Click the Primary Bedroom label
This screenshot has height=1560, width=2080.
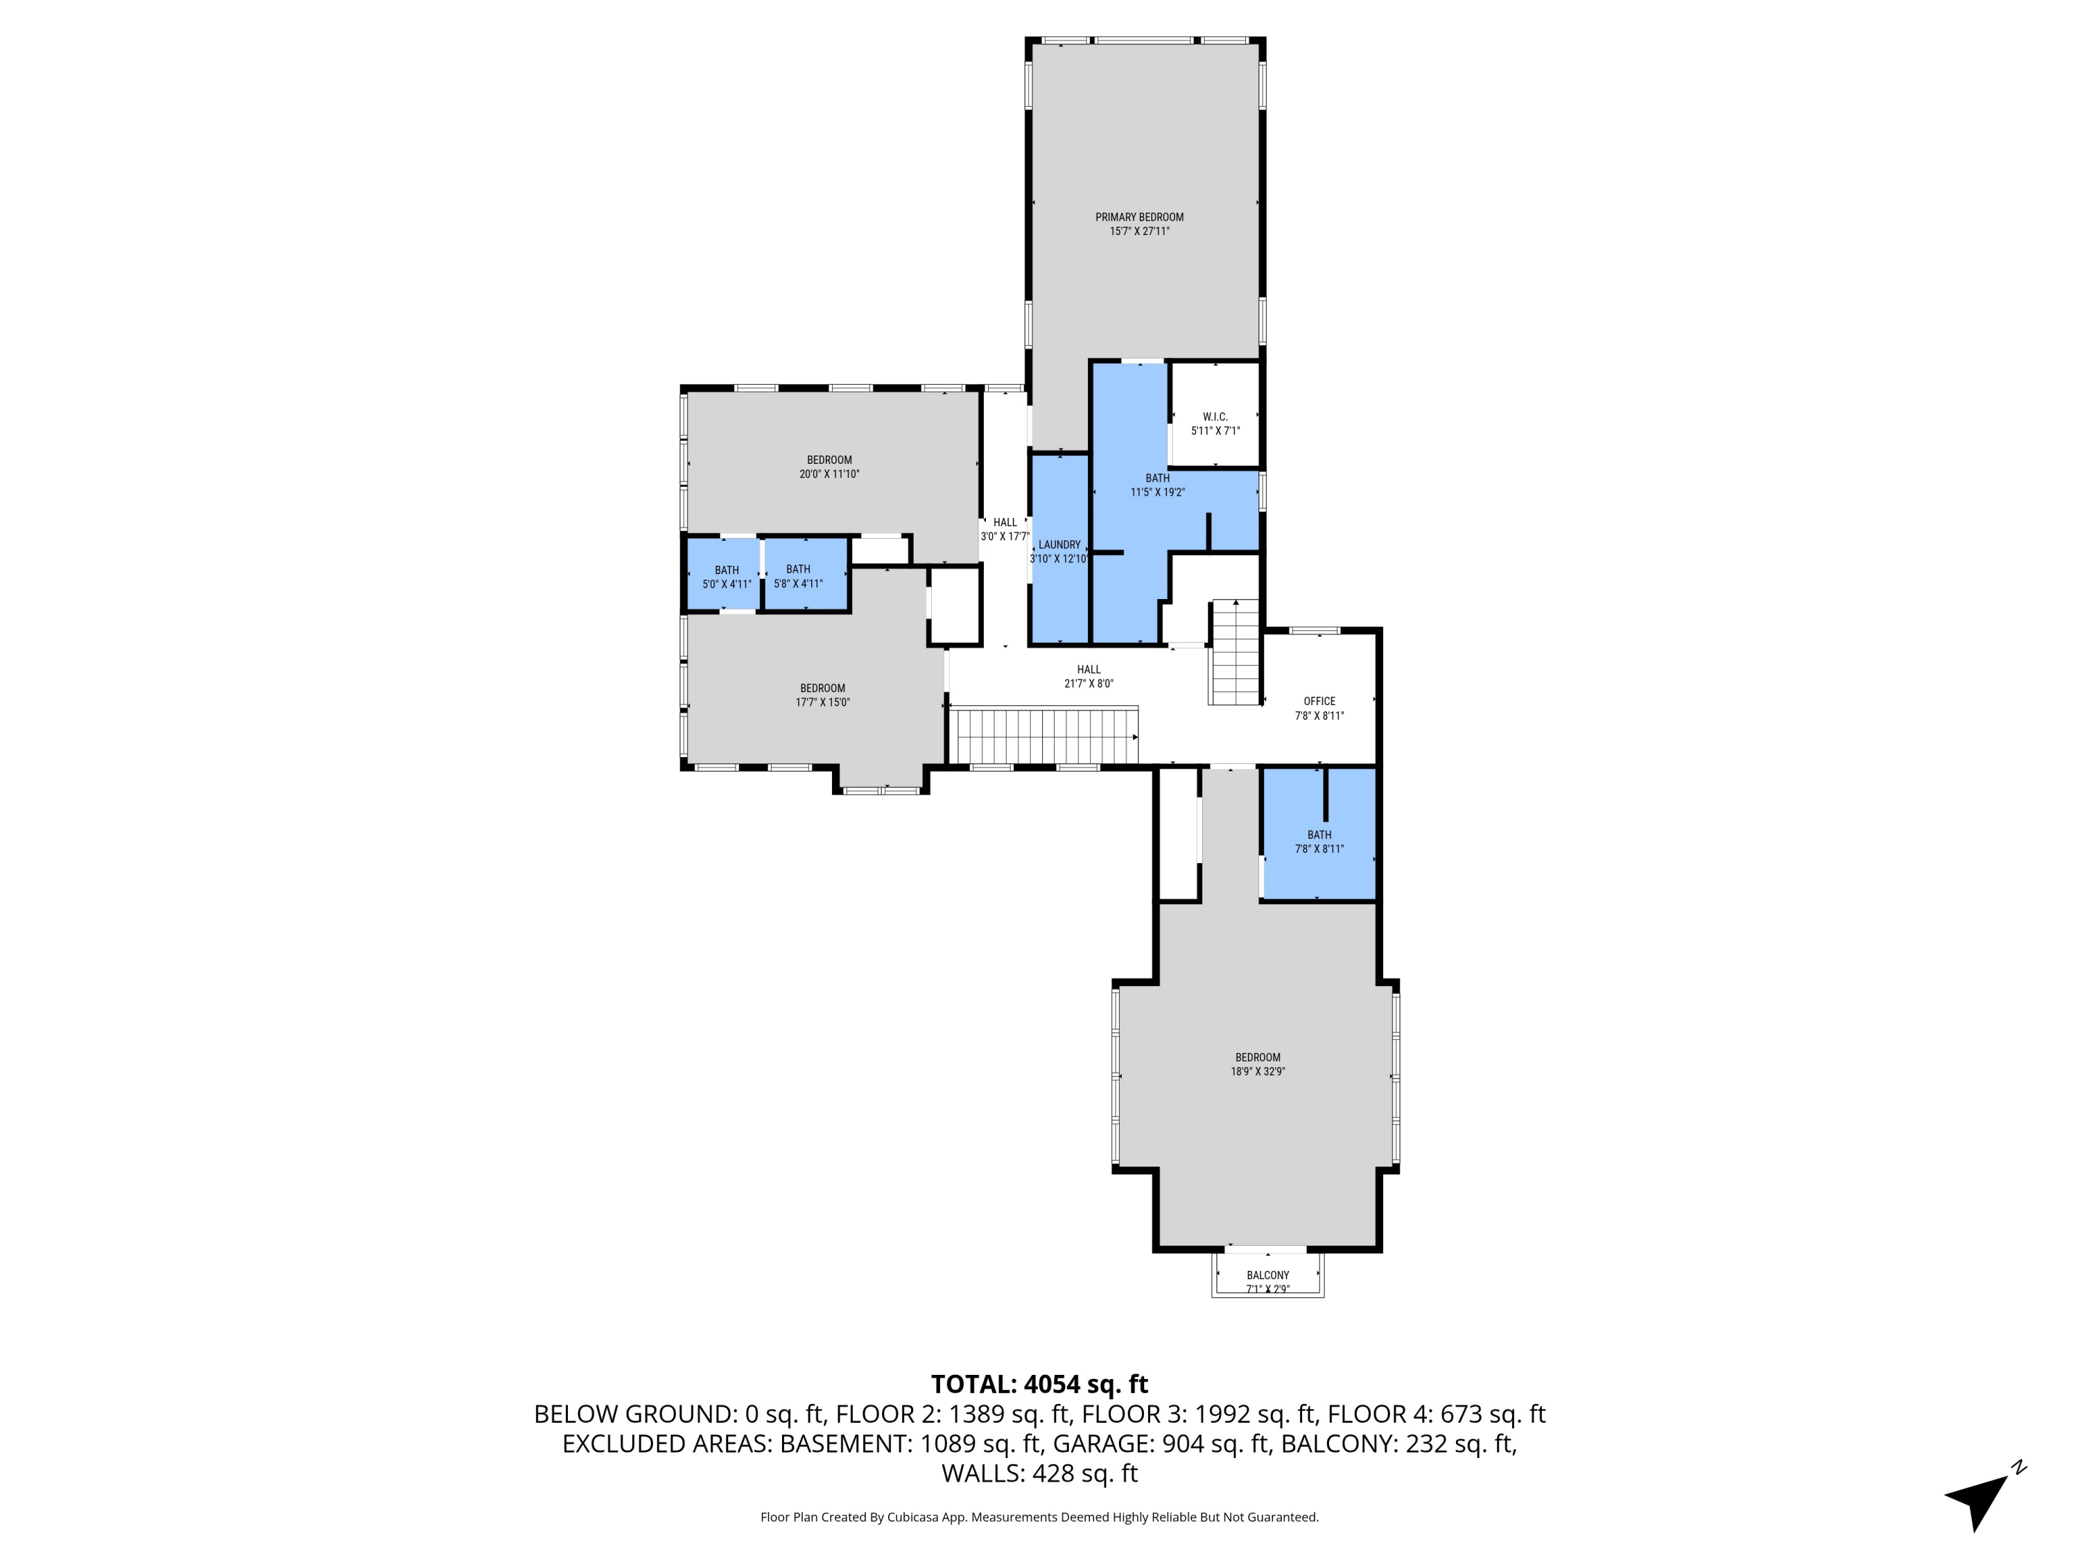pyautogui.click(x=1138, y=217)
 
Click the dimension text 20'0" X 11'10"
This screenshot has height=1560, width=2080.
pyautogui.click(x=829, y=475)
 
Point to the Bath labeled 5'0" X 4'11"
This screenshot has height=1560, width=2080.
pyautogui.click(x=726, y=576)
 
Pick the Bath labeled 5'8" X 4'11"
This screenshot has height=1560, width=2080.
pyautogui.click(x=797, y=575)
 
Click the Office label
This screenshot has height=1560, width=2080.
pyautogui.click(x=1318, y=702)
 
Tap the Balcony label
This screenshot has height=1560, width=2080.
pyautogui.click(x=1267, y=1276)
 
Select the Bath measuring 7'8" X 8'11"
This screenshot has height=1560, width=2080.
pyautogui.click(x=1318, y=842)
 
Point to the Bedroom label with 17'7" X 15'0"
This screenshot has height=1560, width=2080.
pyautogui.click(x=822, y=689)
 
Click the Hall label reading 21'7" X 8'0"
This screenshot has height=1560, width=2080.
pyautogui.click(x=1088, y=670)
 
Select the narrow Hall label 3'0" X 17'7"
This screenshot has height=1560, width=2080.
pyautogui.click(x=1004, y=523)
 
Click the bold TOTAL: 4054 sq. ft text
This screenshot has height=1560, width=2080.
pyautogui.click(x=1039, y=1384)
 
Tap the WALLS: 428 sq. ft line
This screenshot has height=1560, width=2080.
pyautogui.click(x=1039, y=1473)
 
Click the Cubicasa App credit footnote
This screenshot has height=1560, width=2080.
pyautogui.click(x=1039, y=1517)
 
